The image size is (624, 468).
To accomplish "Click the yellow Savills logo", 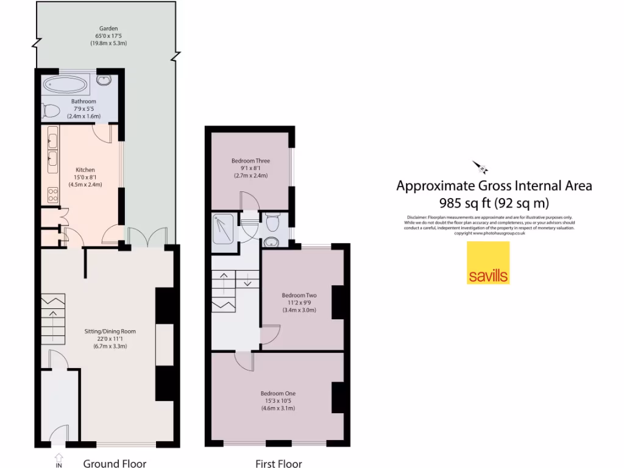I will pyautogui.click(x=488, y=263).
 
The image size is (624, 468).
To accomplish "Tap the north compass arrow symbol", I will pyautogui.click(x=480, y=166).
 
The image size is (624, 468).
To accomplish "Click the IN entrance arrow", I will pyautogui.click(x=58, y=458).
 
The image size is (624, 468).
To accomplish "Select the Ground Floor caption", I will pyautogui.click(x=115, y=464).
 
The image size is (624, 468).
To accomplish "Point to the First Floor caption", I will pyautogui.click(x=278, y=464).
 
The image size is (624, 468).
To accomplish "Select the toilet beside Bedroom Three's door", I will pyautogui.click(x=272, y=223).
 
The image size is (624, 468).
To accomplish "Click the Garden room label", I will pyautogui.click(x=110, y=28).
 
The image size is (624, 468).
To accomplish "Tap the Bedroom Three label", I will pyautogui.click(x=250, y=161).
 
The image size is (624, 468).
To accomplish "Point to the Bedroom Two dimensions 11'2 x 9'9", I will pyautogui.click(x=299, y=303).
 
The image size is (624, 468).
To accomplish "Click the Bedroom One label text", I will pyautogui.click(x=278, y=394).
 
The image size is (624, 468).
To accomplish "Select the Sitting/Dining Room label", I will pyautogui.click(x=110, y=331).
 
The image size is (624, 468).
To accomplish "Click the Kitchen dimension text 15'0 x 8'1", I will pyautogui.click(x=85, y=177).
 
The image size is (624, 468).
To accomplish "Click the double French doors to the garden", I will pyautogui.click(x=146, y=238).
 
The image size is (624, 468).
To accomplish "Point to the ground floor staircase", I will pyautogui.click(x=52, y=320).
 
